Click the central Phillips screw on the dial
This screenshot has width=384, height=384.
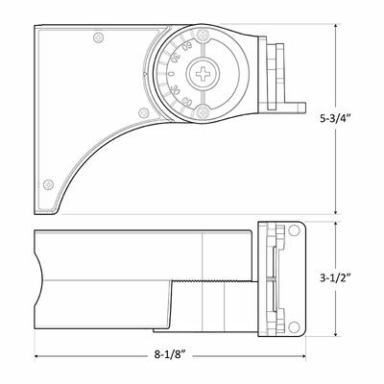coord(204,74)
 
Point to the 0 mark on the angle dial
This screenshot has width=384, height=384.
coord(170,73)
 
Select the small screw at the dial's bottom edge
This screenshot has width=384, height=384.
coord(204,115)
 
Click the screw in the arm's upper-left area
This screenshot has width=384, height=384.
coord(99,39)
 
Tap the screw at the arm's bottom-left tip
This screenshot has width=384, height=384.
coord(43,181)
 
